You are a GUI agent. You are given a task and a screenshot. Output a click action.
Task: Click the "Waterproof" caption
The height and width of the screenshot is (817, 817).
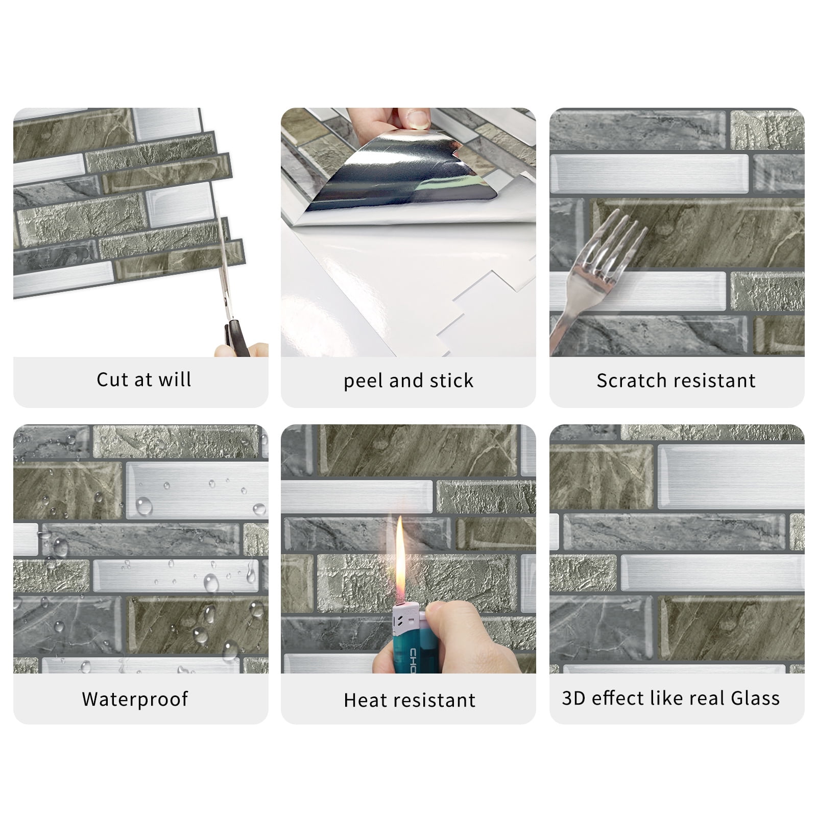tap(135, 699)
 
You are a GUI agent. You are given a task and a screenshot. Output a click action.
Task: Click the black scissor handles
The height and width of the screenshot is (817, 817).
tap(236, 337)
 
